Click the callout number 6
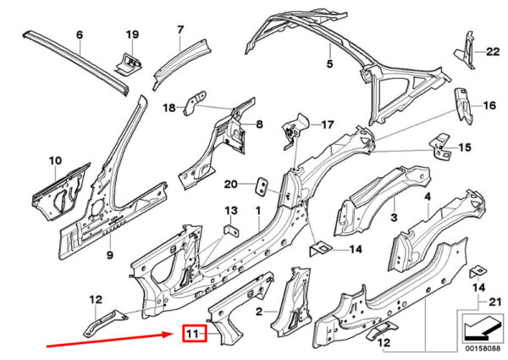80,35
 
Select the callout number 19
132,35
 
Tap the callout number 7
179,30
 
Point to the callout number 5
331,64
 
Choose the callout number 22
493,52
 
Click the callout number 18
168,108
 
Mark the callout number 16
489,106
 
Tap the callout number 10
55,161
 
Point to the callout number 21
496,303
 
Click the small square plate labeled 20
262,186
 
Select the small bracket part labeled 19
125,61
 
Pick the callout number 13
231,210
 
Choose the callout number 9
109,254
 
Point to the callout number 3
393,219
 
